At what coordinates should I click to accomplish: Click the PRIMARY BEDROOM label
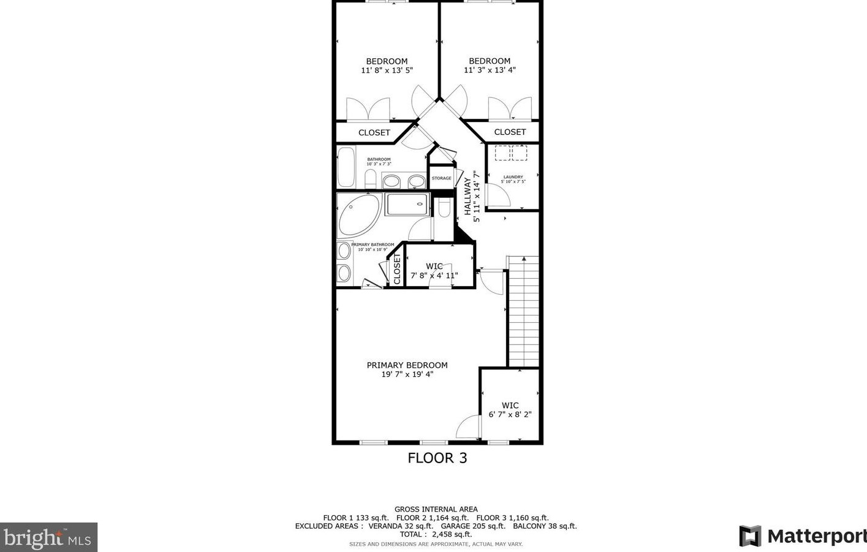[407, 365]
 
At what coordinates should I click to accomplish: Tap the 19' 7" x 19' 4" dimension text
[407, 374]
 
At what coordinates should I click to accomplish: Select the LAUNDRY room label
[513, 177]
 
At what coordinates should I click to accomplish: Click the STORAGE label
[441, 178]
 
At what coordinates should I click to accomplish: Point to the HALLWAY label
[468, 196]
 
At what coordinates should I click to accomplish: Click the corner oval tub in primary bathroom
[357, 215]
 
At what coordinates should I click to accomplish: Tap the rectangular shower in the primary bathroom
[406, 204]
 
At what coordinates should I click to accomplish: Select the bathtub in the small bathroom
[346, 167]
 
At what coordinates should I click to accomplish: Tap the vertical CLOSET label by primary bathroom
[397, 269]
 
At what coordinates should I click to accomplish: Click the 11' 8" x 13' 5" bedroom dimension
[387, 70]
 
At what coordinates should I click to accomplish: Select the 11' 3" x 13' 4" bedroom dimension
[490, 70]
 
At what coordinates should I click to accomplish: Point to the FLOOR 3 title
[437, 458]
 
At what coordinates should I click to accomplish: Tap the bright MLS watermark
[48, 537]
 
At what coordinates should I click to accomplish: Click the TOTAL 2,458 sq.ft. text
[436, 534]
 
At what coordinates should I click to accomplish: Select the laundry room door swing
[498, 195]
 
